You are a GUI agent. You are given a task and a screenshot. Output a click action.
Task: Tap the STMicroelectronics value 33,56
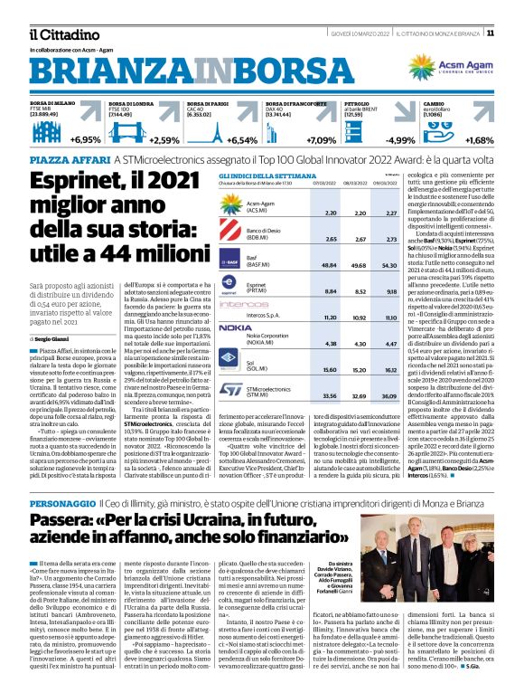[x=305, y=395]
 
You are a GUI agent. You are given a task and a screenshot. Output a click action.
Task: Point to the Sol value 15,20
[x=305, y=370]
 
